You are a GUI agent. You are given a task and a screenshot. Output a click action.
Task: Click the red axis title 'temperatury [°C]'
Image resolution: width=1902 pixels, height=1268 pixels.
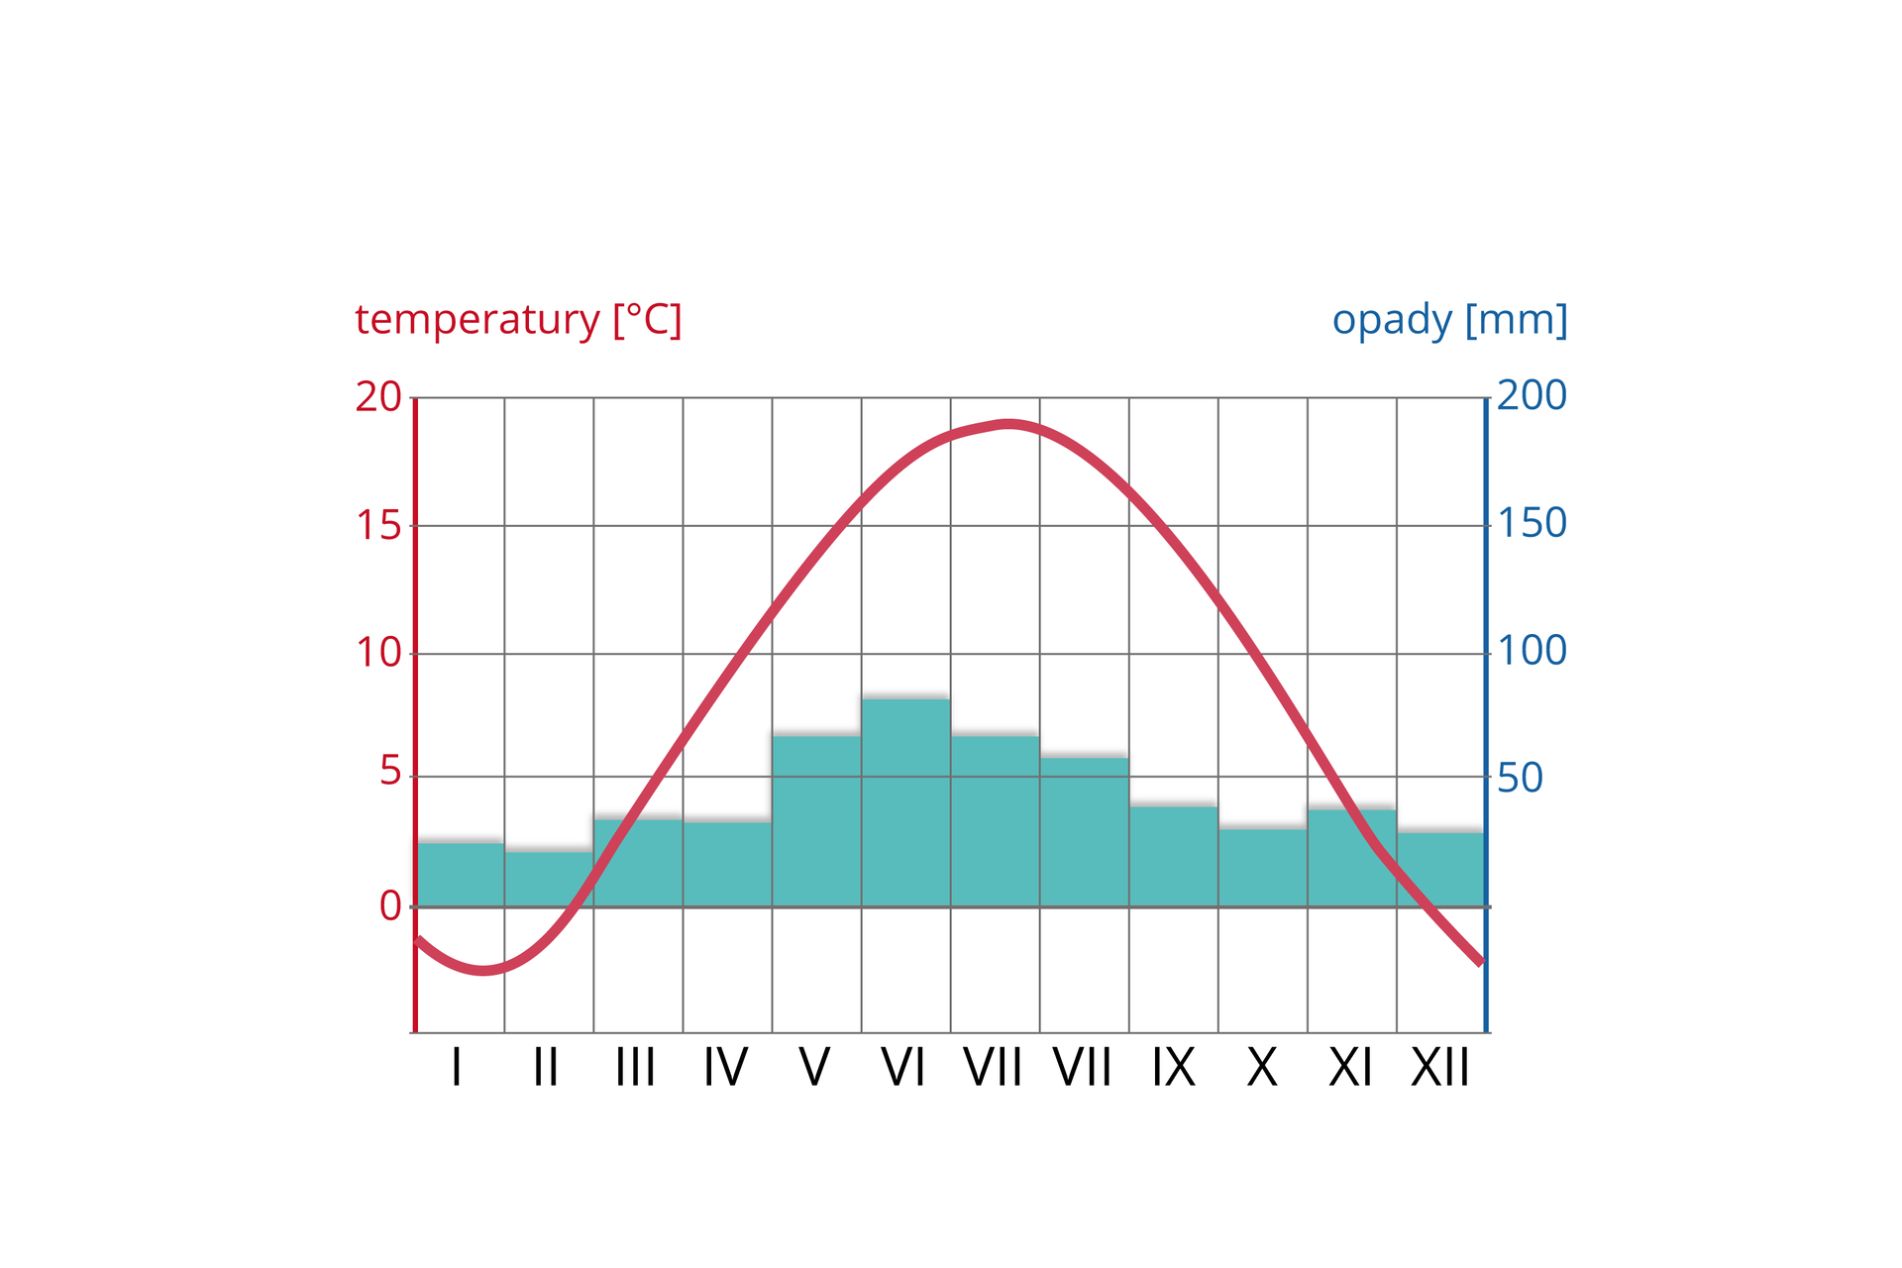tap(518, 320)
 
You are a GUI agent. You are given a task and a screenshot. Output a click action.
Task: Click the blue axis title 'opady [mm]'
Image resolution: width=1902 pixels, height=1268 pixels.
tap(1449, 320)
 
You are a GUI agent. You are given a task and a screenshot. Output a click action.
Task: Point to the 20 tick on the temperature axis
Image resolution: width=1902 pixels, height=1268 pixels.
tap(378, 397)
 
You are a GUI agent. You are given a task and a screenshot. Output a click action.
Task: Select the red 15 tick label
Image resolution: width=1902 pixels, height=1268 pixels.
tap(378, 525)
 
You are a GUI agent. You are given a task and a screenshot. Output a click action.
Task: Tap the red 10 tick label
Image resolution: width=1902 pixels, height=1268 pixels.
tap(378, 653)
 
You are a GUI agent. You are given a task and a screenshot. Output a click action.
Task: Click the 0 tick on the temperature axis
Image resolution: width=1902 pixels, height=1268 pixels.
tap(390, 905)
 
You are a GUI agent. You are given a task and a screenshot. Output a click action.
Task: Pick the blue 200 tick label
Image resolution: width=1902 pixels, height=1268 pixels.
tap(1532, 395)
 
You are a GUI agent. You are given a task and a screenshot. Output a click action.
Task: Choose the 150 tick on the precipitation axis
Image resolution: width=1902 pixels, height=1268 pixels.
tap(1532, 523)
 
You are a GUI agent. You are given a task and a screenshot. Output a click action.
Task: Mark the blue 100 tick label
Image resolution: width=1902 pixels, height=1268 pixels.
tap(1532, 651)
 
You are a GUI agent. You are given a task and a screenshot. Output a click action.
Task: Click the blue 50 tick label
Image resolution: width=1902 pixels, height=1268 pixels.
tap(1520, 779)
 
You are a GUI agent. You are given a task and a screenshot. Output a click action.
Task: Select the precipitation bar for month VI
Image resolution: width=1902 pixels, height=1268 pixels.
tap(905, 802)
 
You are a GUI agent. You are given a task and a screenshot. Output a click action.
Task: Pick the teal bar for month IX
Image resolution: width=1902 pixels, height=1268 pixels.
tap(1173, 856)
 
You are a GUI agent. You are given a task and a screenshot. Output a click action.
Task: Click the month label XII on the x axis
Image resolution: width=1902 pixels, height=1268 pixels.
tap(1440, 1068)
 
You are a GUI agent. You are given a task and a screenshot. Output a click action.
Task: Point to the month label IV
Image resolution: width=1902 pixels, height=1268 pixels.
tap(725, 1068)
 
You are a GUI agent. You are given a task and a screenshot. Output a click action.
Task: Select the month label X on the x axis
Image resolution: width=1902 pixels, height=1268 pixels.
tap(1262, 1068)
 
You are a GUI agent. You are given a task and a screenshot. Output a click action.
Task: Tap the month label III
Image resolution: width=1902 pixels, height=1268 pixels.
tap(635, 1068)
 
